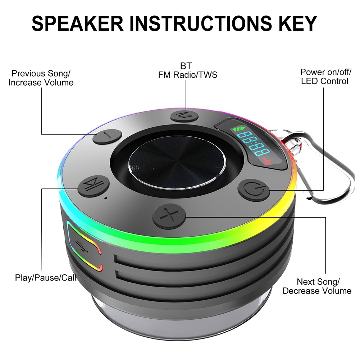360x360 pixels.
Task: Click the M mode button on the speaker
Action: (x=186, y=116)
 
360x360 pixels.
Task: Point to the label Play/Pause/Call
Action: (x=46, y=277)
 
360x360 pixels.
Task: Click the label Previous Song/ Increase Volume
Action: (x=41, y=78)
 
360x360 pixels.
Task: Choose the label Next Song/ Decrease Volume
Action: (x=317, y=286)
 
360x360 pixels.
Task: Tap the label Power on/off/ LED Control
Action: (x=325, y=77)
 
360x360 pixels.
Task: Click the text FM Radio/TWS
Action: (x=188, y=75)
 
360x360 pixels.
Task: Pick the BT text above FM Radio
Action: (x=186, y=66)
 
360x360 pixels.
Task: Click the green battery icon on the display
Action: (x=238, y=129)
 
